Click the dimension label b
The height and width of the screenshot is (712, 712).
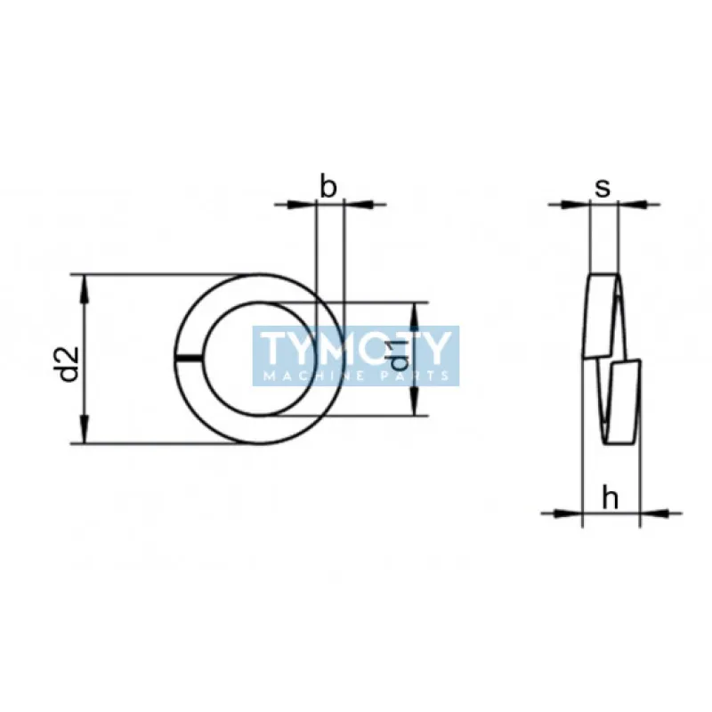pos(328,186)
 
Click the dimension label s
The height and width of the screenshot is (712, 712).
pos(603,188)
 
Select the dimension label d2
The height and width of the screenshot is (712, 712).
pos(69,365)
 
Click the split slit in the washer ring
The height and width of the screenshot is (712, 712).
pos(188,359)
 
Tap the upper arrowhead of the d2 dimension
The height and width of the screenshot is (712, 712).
pos(84,290)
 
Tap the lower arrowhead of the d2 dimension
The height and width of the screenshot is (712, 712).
pos(84,429)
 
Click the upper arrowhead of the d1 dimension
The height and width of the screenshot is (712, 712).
pos(415,317)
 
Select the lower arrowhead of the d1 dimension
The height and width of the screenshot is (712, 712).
pos(415,401)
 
